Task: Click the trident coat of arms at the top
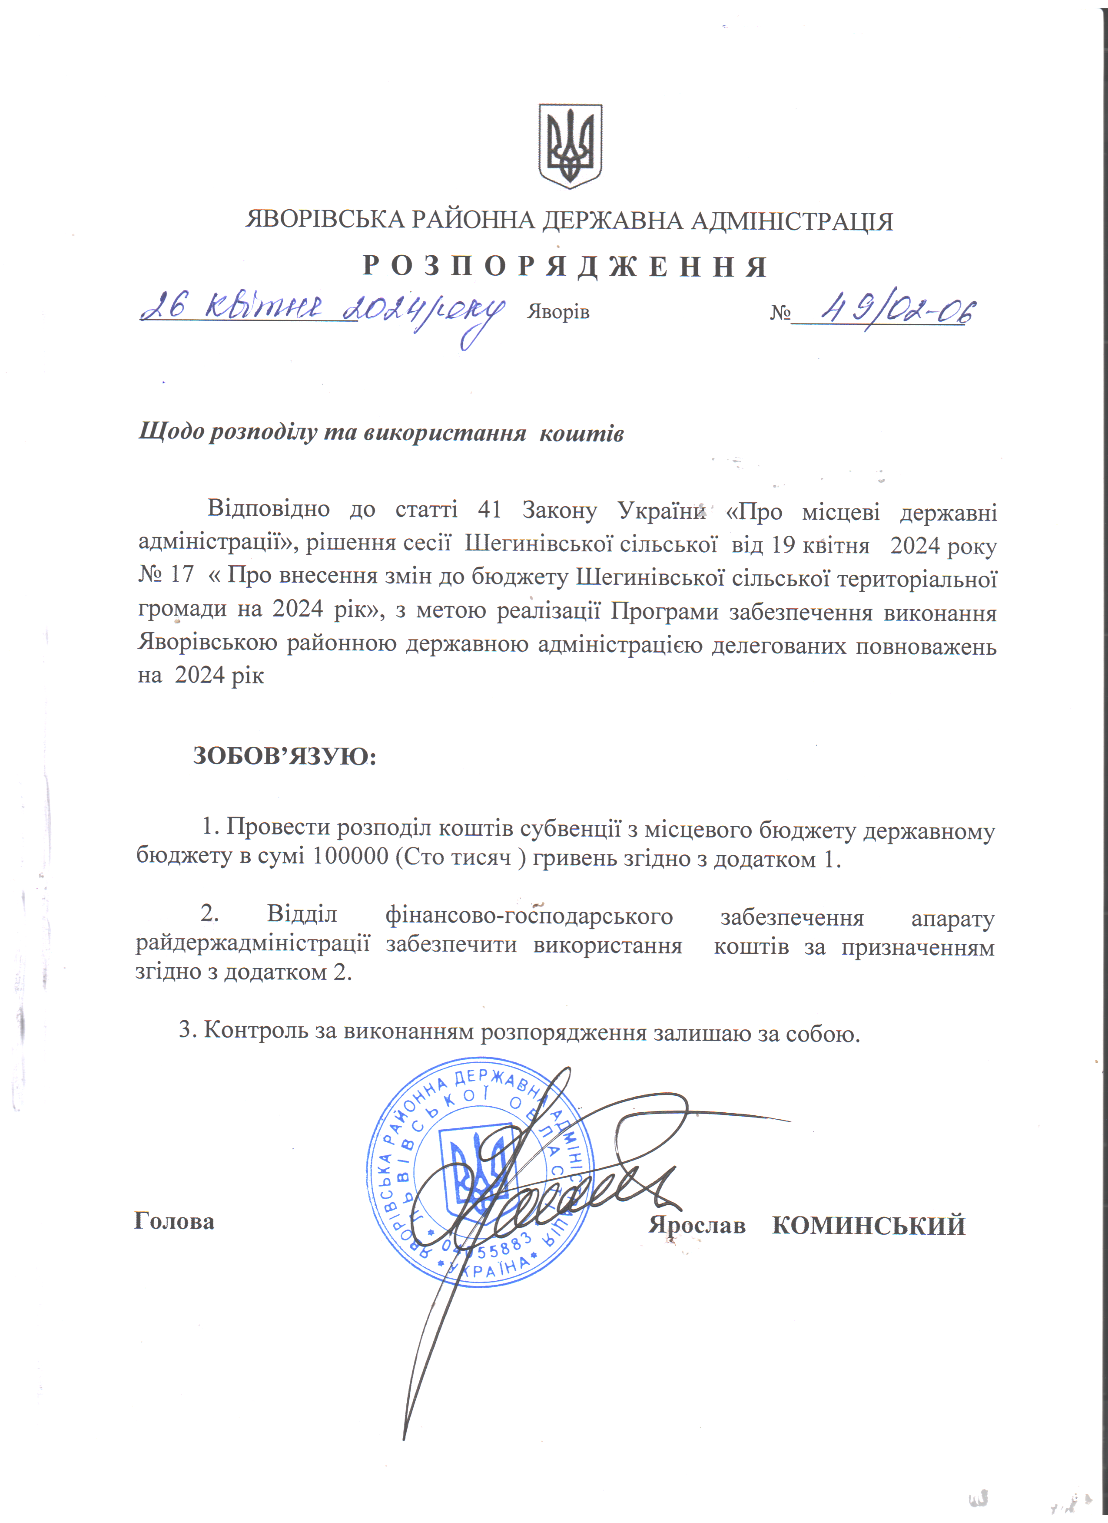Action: pyautogui.click(x=570, y=146)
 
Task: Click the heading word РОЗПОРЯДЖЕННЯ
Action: pyautogui.click(x=566, y=267)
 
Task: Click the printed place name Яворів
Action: pyautogui.click(x=558, y=312)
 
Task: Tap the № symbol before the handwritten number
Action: pyautogui.click(x=780, y=313)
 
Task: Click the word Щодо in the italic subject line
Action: pyautogui.click(x=171, y=432)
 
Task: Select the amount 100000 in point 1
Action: pyautogui.click(x=351, y=858)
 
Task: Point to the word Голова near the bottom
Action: pyautogui.click(x=174, y=1221)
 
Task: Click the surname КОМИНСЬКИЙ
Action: pyautogui.click(x=868, y=1226)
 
